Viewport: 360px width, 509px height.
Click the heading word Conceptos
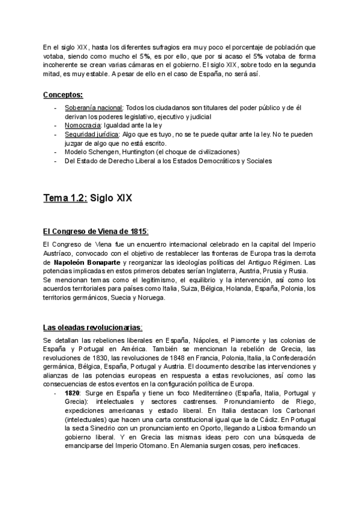(62, 95)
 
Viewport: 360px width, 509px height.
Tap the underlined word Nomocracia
(83, 125)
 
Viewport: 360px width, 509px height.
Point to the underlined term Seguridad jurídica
(92, 134)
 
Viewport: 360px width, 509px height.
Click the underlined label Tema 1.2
(65, 197)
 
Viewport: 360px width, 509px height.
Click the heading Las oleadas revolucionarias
(92, 327)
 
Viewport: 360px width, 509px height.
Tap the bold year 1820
(73, 392)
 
